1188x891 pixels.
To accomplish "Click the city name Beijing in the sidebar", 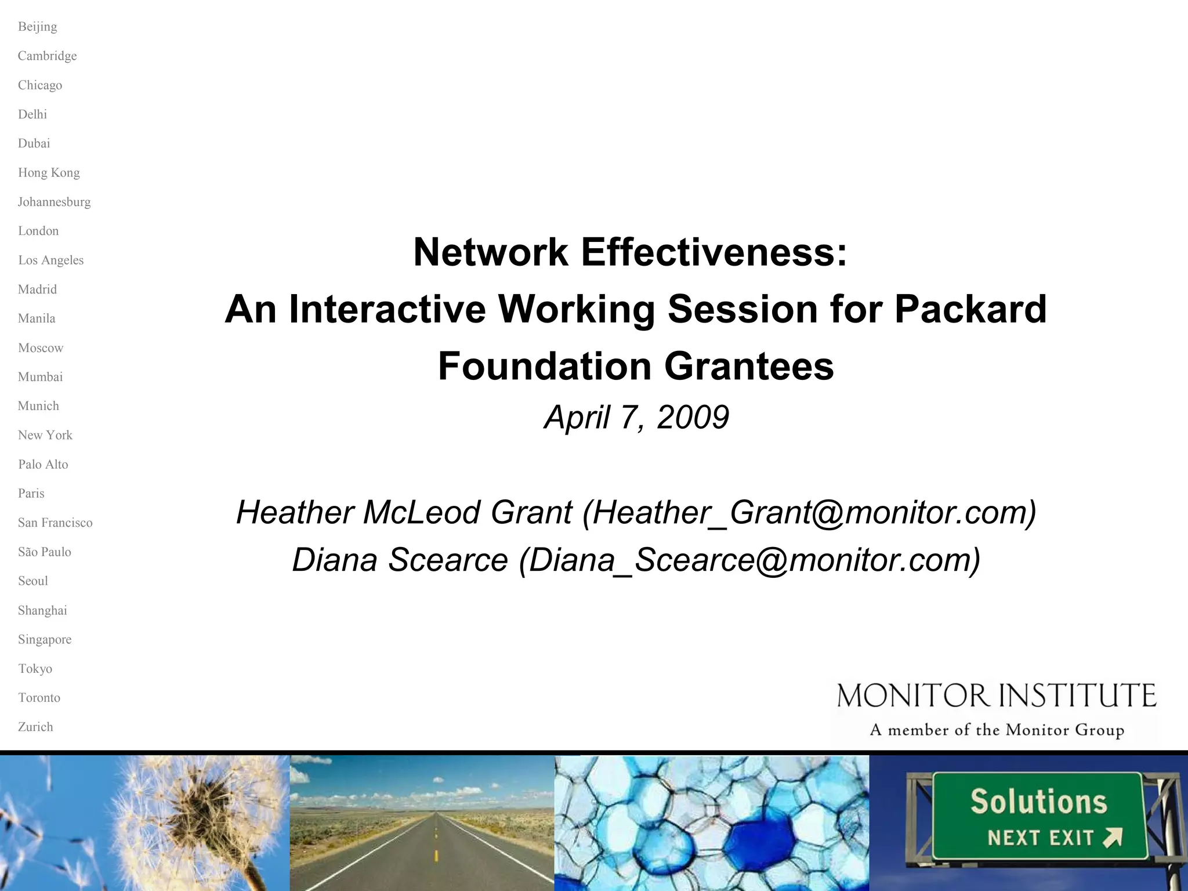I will (x=37, y=27).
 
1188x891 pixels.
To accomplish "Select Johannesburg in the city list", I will (x=54, y=202).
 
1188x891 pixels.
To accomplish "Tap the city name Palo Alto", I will (x=43, y=464).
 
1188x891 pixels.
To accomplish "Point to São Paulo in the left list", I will (x=44, y=552).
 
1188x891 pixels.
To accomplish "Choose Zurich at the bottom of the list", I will (x=35, y=727).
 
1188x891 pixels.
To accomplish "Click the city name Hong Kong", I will (x=49, y=172).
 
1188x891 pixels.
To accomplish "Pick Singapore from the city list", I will (x=45, y=639).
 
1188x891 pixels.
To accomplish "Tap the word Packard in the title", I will (x=970, y=309).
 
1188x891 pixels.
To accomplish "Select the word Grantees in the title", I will (x=748, y=366).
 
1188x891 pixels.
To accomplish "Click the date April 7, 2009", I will (x=636, y=417).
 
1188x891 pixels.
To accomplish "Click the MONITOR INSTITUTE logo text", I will (x=996, y=696).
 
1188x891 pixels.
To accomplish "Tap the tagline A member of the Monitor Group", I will (x=996, y=730).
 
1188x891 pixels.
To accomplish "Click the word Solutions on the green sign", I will (x=1038, y=802).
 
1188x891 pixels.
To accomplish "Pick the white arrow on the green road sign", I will (x=1112, y=838).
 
